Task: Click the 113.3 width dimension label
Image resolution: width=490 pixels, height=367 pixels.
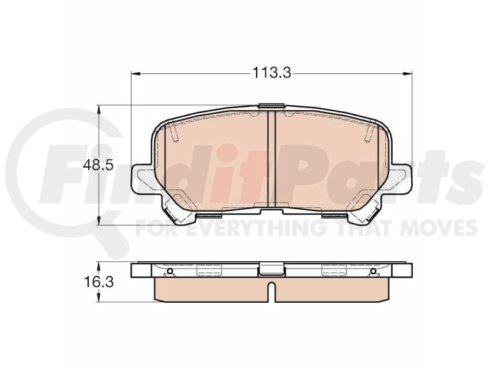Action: tap(271, 73)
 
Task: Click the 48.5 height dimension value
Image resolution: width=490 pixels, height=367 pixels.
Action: tap(98, 165)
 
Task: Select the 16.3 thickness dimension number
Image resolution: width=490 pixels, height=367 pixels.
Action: tap(99, 283)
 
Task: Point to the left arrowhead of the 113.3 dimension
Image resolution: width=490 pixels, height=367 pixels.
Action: tap(135, 73)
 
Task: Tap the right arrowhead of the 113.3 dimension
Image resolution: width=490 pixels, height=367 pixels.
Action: tap(408, 73)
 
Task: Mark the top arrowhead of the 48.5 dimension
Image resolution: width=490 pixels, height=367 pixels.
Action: tap(99, 109)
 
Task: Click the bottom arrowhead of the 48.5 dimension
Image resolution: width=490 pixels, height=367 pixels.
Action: tap(99, 220)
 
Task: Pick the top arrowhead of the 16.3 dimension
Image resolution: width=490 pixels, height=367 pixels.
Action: tap(99, 267)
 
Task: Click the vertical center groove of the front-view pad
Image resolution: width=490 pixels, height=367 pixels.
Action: tap(271, 160)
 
